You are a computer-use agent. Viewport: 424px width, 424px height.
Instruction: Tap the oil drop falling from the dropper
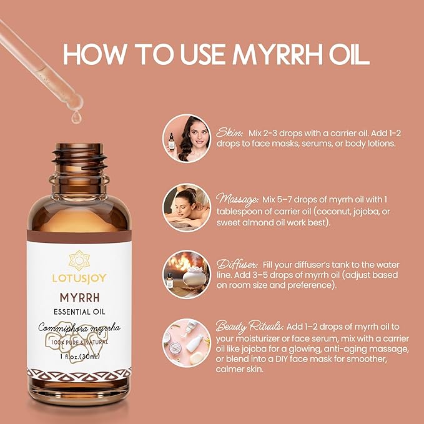[x=76, y=116]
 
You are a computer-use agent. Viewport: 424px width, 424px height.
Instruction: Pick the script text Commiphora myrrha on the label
[x=79, y=328]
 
